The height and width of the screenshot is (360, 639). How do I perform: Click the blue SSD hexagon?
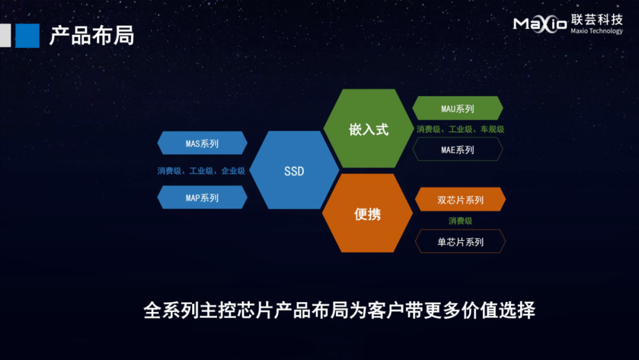click(x=294, y=170)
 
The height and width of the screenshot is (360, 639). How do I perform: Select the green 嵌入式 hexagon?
click(x=369, y=128)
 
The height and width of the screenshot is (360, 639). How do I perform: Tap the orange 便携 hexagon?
click(x=367, y=213)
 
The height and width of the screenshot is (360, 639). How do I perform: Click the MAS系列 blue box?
click(x=202, y=143)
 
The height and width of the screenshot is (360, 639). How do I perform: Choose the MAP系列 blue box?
click(x=202, y=197)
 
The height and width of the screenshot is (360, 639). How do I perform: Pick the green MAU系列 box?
click(x=457, y=108)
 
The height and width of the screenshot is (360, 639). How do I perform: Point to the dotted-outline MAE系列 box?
click(x=457, y=149)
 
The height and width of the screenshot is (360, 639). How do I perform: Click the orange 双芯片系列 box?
click(x=460, y=200)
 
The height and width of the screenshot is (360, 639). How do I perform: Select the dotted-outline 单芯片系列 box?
click(x=460, y=242)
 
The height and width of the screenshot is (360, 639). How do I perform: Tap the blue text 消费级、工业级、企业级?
click(x=201, y=171)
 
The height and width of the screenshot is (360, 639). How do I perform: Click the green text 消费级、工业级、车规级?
click(x=460, y=129)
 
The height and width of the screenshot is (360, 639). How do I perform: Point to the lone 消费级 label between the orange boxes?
click(x=460, y=221)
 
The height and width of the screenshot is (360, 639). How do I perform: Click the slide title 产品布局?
click(x=92, y=36)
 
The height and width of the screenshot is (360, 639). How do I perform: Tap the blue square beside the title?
click(x=27, y=36)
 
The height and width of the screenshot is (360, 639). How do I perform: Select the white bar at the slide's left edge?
click(x=5, y=36)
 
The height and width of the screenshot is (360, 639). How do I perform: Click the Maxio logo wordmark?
click(x=540, y=24)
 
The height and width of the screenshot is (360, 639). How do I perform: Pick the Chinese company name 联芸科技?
click(x=597, y=20)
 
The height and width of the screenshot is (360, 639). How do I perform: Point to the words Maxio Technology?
click(x=596, y=31)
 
